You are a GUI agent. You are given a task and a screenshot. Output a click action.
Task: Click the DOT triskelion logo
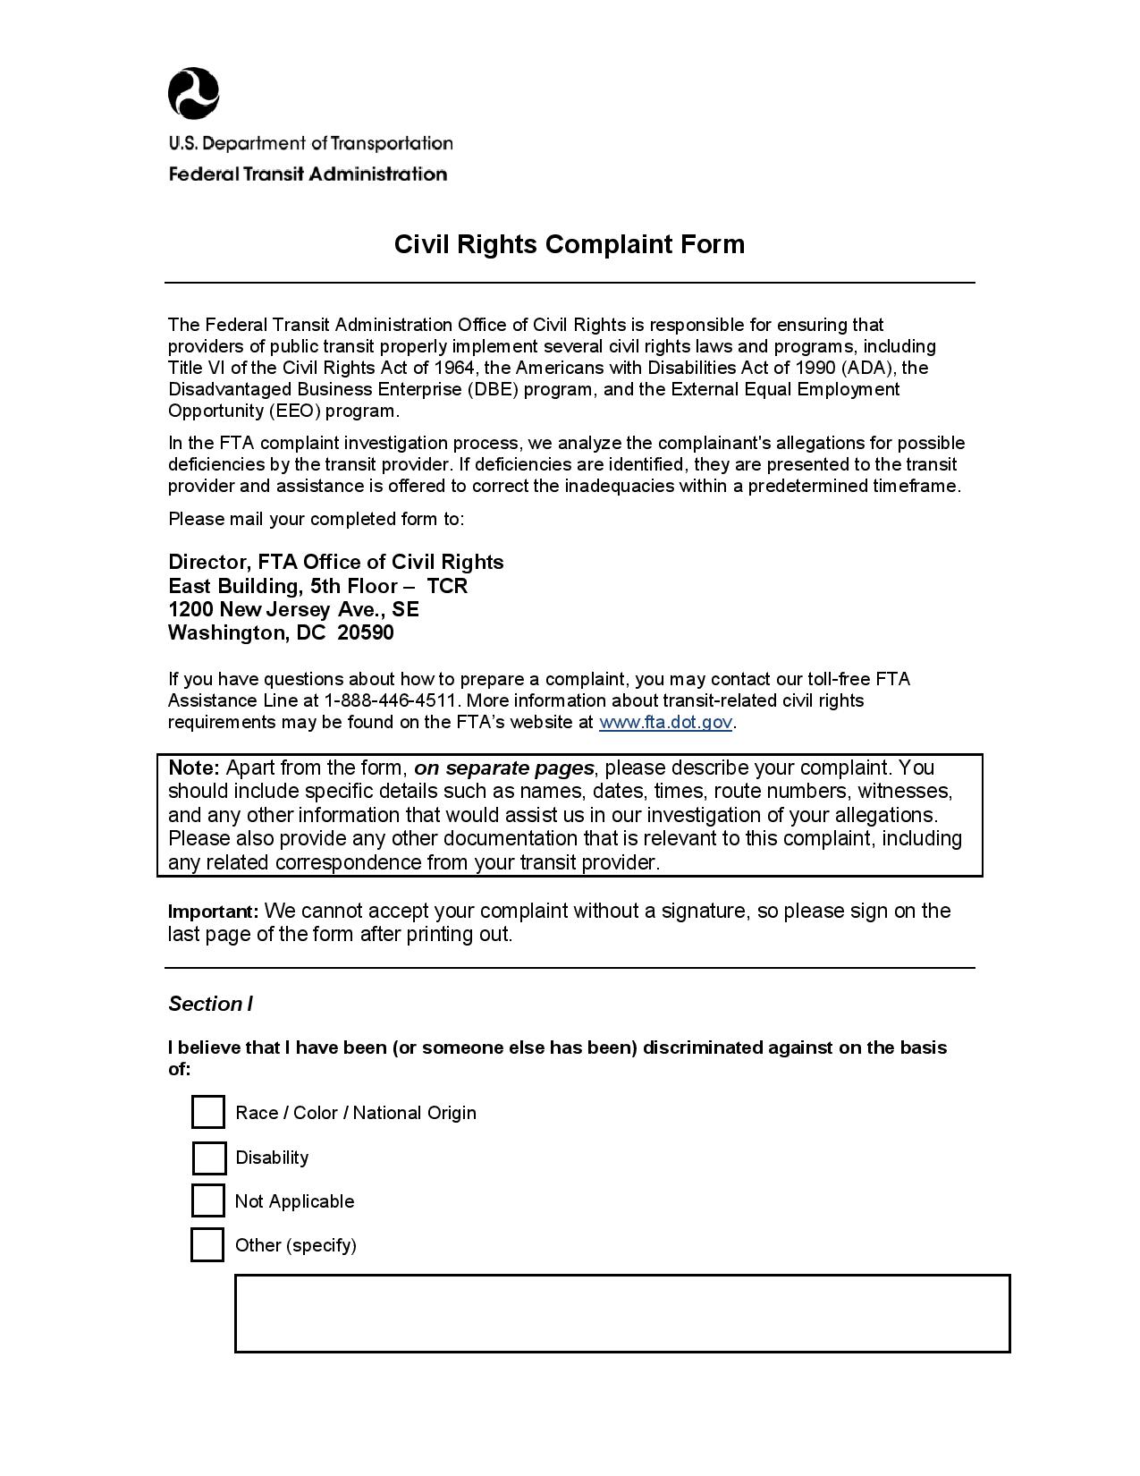click(193, 93)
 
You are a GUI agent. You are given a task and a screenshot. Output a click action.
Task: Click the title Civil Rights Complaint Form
click(570, 244)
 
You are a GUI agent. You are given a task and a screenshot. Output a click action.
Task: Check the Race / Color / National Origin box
click(207, 1112)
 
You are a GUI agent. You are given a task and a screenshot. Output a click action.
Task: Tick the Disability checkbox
click(208, 1158)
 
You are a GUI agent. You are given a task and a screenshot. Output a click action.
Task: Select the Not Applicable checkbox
click(207, 1200)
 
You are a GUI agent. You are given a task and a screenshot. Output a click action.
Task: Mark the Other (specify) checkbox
click(207, 1244)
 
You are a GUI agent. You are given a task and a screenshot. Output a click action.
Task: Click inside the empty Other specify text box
click(621, 1312)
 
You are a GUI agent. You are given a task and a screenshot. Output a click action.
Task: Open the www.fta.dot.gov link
click(665, 722)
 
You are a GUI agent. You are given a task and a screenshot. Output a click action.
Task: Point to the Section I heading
click(210, 1004)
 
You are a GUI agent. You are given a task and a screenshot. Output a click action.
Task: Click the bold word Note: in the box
click(194, 768)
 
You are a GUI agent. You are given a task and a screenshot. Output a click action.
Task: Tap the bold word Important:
click(214, 912)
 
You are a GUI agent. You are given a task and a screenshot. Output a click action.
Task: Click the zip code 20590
click(366, 633)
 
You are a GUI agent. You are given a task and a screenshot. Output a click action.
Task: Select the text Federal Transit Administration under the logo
click(308, 174)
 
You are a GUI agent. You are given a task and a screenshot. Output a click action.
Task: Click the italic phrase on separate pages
click(503, 768)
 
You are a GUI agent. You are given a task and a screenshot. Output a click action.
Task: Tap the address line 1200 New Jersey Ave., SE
click(293, 609)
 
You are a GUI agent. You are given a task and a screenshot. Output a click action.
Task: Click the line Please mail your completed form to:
click(316, 519)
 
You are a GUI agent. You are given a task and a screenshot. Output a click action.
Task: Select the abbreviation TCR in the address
click(447, 586)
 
